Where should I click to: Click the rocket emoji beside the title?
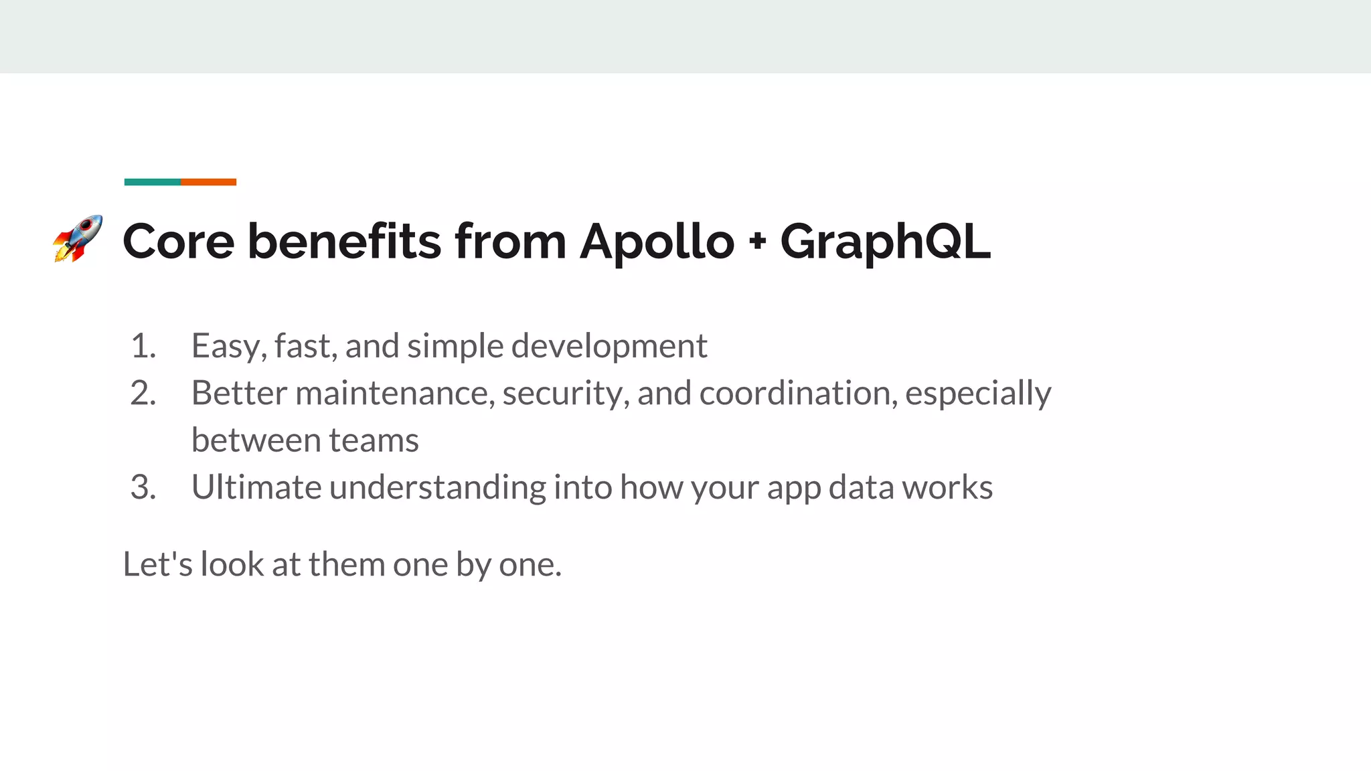[78, 238]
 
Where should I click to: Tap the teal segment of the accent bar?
[153, 182]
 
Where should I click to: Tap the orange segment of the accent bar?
[208, 182]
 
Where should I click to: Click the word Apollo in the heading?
[657, 241]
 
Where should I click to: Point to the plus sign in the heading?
[757, 242]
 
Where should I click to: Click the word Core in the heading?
[179, 241]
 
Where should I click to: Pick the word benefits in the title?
[344, 241]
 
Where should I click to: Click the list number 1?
[143, 346]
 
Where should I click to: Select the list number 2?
[143, 393]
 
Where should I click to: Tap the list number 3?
[143, 487]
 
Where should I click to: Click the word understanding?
[438, 487]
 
